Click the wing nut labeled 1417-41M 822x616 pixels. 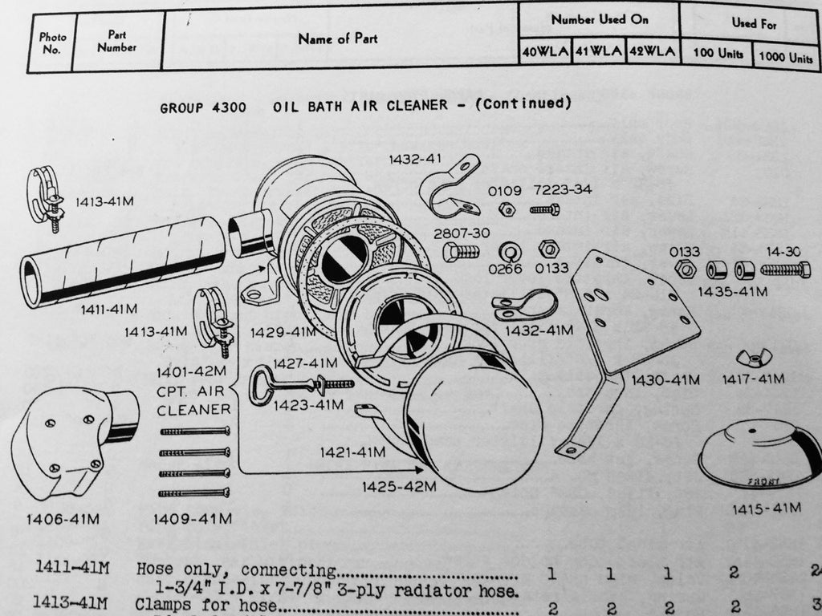point(754,355)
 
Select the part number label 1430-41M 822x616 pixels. point(665,379)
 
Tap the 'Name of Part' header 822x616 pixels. point(337,38)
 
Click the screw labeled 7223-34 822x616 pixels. point(545,210)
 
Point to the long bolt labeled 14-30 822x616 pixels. point(785,270)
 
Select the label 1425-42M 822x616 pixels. point(398,486)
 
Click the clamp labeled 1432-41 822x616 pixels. point(449,186)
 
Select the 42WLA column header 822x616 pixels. point(652,52)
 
